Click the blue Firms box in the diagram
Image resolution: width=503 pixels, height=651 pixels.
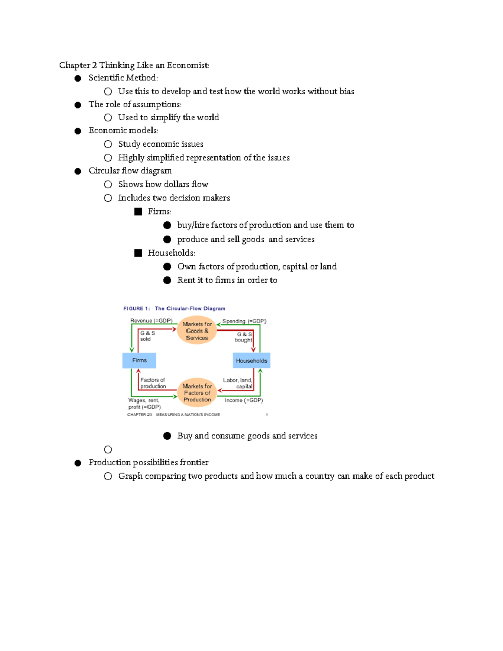coord(139,361)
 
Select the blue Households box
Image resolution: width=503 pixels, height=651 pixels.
coord(251,361)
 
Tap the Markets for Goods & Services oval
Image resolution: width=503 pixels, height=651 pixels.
coord(197,331)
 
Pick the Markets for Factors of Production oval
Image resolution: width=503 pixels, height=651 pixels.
coord(197,393)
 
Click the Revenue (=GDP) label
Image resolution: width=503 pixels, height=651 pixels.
coord(151,321)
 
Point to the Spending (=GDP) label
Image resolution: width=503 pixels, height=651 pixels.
coord(244,321)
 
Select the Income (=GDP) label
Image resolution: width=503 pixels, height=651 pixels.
coord(244,400)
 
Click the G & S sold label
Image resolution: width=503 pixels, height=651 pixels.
coord(147,336)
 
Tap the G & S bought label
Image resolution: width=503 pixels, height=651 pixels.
coord(244,337)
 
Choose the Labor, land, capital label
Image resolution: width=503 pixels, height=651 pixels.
coord(238,383)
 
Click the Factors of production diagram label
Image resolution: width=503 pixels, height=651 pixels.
coord(153,383)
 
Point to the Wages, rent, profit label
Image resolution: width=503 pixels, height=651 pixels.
coord(144,404)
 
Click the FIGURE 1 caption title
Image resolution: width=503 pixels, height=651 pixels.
coord(174,309)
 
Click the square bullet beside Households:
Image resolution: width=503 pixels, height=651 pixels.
coord(138,253)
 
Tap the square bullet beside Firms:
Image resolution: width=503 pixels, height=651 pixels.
coord(138,212)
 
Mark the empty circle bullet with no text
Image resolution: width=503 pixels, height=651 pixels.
coord(108,449)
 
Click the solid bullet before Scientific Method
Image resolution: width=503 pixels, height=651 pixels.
coord(78,78)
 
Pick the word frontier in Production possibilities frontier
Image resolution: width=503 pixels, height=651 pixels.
coord(194,462)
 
